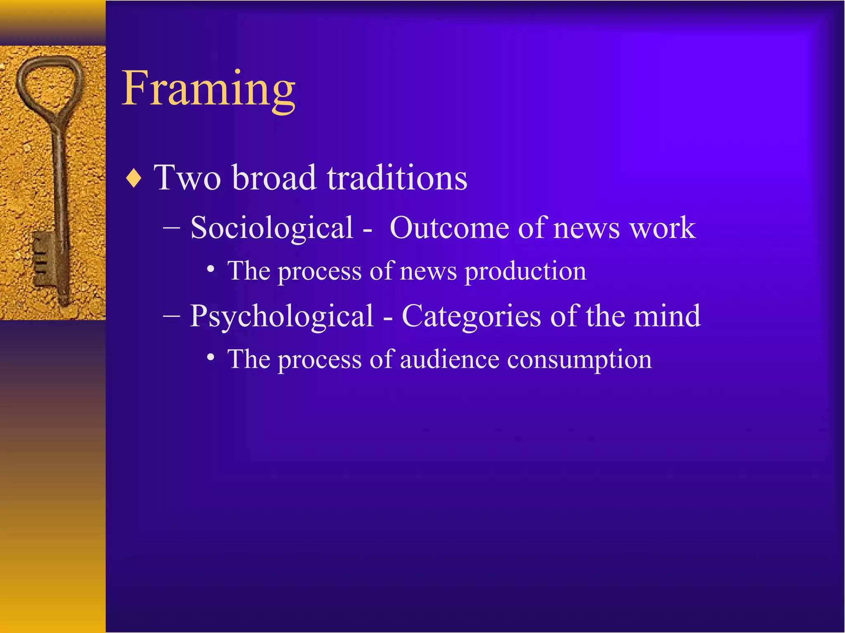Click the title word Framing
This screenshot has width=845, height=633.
coord(208,89)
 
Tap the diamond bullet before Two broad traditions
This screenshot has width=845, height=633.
coord(134,178)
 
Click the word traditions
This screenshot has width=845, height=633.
coord(397,178)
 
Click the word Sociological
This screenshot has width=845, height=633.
coord(272,228)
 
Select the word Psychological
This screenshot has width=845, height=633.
coord(281,316)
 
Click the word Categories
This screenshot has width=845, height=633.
coord(471,316)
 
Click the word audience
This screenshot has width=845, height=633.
coord(449,359)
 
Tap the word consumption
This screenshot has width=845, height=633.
coord(579,360)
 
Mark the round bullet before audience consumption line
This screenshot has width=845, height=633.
coord(211,357)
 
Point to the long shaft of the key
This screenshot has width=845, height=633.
coord(60,185)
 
